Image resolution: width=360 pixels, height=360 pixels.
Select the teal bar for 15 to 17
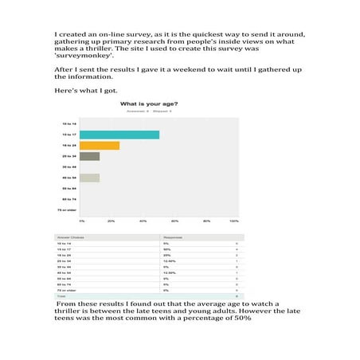coord(119,134)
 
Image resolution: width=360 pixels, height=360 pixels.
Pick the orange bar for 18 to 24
coord(100,145)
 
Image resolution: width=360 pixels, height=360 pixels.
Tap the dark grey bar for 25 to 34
coord(89,156)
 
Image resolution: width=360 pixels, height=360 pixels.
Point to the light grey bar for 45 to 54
coord(89,178)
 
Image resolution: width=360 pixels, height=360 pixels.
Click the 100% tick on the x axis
coord(234,220)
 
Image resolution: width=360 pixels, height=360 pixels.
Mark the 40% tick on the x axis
coord(143,220)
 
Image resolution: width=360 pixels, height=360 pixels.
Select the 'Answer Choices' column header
coord(71,237)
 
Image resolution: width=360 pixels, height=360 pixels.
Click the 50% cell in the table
coord(166,249)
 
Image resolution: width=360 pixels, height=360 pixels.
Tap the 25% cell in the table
coord(166,255)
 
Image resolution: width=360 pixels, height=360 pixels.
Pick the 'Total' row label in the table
coord(60,295)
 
